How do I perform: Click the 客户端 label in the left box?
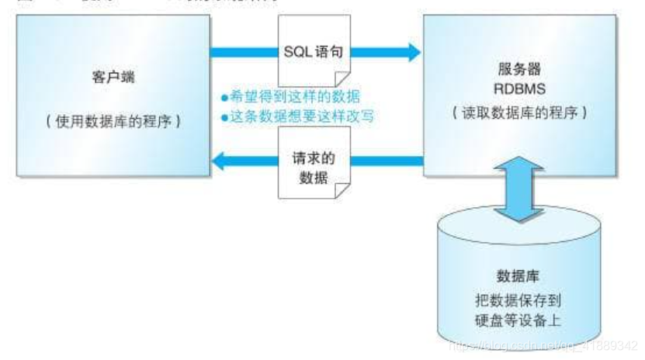[x=109, y=80]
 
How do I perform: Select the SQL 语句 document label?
[x=313, y=54]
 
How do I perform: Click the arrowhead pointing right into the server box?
[x=409, y=53]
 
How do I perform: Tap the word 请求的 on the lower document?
[x=312, y=157]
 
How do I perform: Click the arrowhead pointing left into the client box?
[x=220, y=161]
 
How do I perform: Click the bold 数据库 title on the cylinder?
[x=518, y=276]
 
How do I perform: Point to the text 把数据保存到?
[x=518, y=298]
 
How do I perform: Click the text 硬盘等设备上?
[x=518, y=319]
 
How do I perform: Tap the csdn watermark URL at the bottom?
[x=543, y=345]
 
